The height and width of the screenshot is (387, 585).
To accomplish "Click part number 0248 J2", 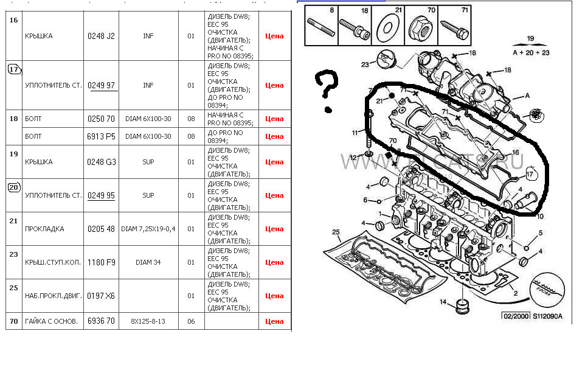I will (101, 36).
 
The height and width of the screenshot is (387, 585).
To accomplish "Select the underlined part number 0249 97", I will (101, 85).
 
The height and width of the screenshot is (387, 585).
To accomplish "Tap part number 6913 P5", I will (101, 136).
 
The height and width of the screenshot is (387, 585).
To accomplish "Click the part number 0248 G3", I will (101, 162).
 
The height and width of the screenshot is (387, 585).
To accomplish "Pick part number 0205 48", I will (101, 229).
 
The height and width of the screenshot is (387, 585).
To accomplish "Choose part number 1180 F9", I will (101, 262).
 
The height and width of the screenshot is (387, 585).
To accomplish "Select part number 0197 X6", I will (101, 296).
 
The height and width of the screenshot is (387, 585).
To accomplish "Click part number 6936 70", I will (101, 321).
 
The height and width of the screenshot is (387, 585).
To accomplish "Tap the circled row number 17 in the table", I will (14, 69).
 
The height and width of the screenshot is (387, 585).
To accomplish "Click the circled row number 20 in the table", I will (14, 187).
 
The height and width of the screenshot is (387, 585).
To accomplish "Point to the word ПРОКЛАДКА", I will (44, 229).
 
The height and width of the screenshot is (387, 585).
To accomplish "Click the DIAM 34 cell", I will (148, 262).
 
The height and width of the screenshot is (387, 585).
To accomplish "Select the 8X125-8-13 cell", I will (148, 321).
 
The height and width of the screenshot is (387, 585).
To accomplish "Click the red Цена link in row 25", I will (274, 296).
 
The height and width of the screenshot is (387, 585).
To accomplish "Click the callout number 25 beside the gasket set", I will (335, 232).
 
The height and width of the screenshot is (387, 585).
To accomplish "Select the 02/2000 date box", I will (514, 316).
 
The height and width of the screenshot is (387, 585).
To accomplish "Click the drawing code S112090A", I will (548, 316).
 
